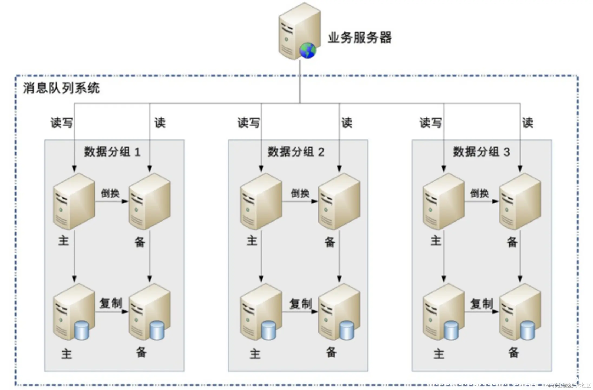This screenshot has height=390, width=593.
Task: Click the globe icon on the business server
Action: click(x=308, y=50)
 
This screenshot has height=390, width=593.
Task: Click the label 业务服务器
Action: click(x=360, y=37)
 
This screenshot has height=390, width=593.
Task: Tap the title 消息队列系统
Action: click(x=61, y=88)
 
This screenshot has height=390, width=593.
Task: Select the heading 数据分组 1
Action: click(x=112, y=152)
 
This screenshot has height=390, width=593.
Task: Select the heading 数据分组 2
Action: click(x=296, y=152)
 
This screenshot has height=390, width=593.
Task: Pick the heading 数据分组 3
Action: click(x=481, y=152)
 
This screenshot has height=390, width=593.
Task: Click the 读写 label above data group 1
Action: click(x=62, y=123)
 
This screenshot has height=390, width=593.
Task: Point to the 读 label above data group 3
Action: click(x=528, y=123)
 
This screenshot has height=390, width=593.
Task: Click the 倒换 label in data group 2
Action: click(x=300, y=193)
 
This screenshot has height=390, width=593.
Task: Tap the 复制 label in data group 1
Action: click(x=111, y=303)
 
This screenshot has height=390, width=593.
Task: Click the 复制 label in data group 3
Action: click(x=482, y=304)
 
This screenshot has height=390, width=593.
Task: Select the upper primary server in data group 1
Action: click(x=74, y=202)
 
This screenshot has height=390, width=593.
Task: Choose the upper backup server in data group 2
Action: click(x=339, y=202)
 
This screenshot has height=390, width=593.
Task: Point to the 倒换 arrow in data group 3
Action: click(x=482, y=201)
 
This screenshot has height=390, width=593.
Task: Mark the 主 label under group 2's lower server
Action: click(x=255, y=354)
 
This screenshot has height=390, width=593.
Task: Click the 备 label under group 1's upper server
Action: click(x=140, y=242)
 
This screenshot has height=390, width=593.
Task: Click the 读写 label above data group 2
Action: click(x=248, y=123)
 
